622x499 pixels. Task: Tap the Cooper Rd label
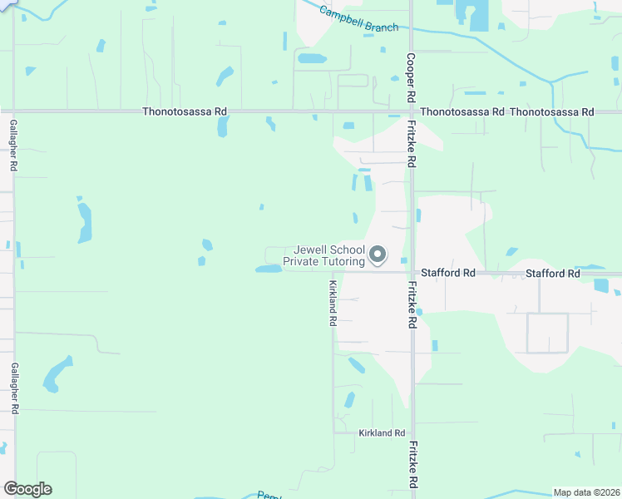411,78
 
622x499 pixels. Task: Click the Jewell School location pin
378,254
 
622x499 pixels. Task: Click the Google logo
27,489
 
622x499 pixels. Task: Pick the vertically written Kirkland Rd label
332,302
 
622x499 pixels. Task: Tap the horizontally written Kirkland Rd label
382,433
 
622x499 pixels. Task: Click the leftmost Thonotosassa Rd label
184,111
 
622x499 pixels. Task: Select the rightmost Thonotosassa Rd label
552,111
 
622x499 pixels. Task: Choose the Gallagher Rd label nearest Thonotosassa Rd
14,145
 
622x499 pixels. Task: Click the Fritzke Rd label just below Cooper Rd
412,142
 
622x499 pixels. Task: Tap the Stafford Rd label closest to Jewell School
448,273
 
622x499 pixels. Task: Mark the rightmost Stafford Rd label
552,274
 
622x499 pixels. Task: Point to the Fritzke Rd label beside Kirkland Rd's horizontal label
412,464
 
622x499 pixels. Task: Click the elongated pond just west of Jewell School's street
268,269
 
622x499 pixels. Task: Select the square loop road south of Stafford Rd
547,333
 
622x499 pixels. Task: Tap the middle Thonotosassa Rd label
462,111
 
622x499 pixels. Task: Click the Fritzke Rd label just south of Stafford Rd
412,304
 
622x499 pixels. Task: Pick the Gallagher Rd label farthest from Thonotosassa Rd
14,389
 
